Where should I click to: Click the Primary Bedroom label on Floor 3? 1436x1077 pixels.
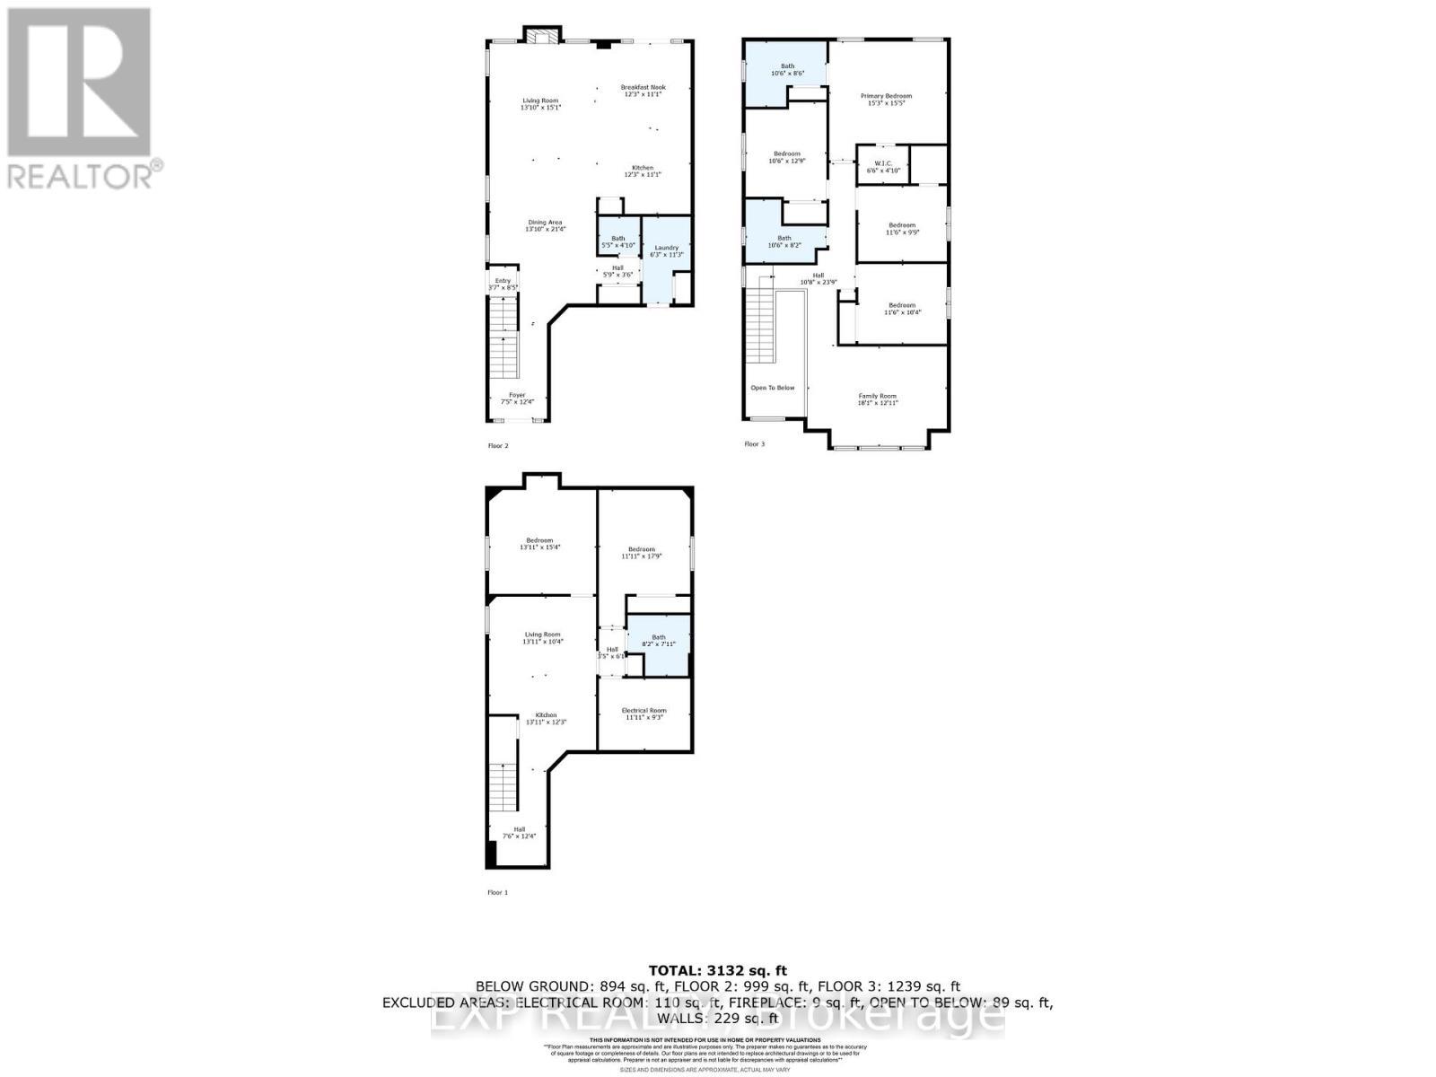886,100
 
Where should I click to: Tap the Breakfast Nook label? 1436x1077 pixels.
644,91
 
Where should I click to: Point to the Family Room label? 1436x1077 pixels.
877,399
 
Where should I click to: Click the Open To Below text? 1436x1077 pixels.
772,388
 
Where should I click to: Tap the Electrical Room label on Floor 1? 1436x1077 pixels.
644,714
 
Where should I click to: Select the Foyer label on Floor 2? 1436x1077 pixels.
517,398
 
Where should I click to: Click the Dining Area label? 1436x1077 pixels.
545,225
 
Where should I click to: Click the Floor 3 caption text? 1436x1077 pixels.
754,443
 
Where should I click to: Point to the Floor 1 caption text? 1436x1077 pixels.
497,892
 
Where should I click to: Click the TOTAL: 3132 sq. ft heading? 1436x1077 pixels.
717,970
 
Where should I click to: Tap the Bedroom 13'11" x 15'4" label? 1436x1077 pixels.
539,544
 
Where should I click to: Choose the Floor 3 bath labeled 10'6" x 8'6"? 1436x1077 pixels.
786,69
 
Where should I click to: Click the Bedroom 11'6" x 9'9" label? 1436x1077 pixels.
901,229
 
